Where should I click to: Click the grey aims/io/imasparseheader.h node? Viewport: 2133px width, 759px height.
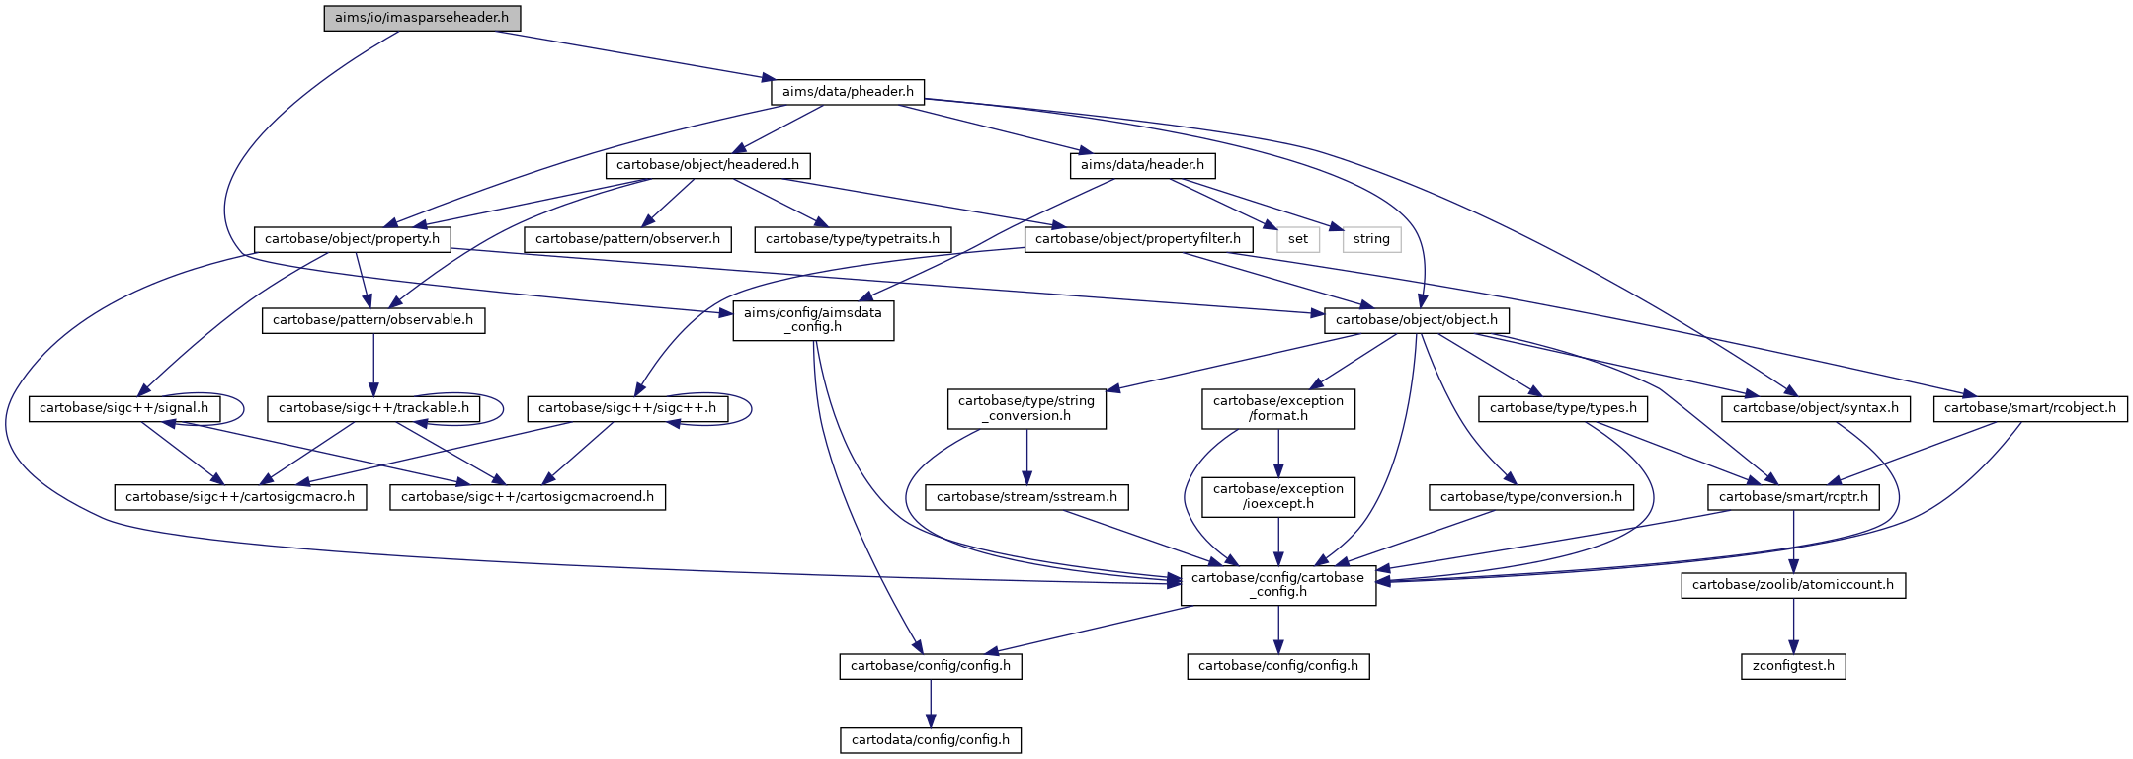click(x=422, y=19)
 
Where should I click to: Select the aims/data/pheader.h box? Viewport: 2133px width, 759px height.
click(x=848, y=92)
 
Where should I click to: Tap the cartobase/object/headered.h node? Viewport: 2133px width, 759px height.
click(x=707, y=165)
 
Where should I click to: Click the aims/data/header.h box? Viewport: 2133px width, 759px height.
click(x=1142, y=165)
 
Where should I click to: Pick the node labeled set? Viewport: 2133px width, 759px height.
click(x=1297, y=239)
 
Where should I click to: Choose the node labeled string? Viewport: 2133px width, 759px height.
click(x=1371, y=239)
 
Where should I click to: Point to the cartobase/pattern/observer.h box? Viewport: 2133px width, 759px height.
click(x=627, y=239)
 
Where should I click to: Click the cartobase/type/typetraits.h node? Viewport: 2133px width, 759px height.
click(x=853, y=239)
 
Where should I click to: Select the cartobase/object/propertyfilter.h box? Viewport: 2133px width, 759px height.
click(x=1138, y=239)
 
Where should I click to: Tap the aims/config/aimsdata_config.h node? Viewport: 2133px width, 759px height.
click(x=813, y=320)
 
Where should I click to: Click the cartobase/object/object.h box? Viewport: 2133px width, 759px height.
click(x=1417, y=320)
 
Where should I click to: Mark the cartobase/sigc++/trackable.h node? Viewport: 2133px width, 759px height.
click(x=373, y=408)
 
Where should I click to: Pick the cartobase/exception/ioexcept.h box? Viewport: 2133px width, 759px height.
click(x=1278, y=496)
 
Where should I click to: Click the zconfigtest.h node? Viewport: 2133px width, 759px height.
click(x=1793, y=666)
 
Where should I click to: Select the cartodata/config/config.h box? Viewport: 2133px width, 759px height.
click(x=931, y=740)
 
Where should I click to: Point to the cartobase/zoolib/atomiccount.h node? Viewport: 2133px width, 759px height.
click(x=1793, y=585)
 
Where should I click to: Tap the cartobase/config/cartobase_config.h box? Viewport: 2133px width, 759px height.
click(x=1278, y=585)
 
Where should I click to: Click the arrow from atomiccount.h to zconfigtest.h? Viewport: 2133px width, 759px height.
click(x=1793, y=626)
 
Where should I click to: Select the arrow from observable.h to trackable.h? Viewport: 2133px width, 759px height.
click(x=373, y=365)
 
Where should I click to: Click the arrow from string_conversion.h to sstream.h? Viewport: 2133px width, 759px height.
click(x=1027, y=457)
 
